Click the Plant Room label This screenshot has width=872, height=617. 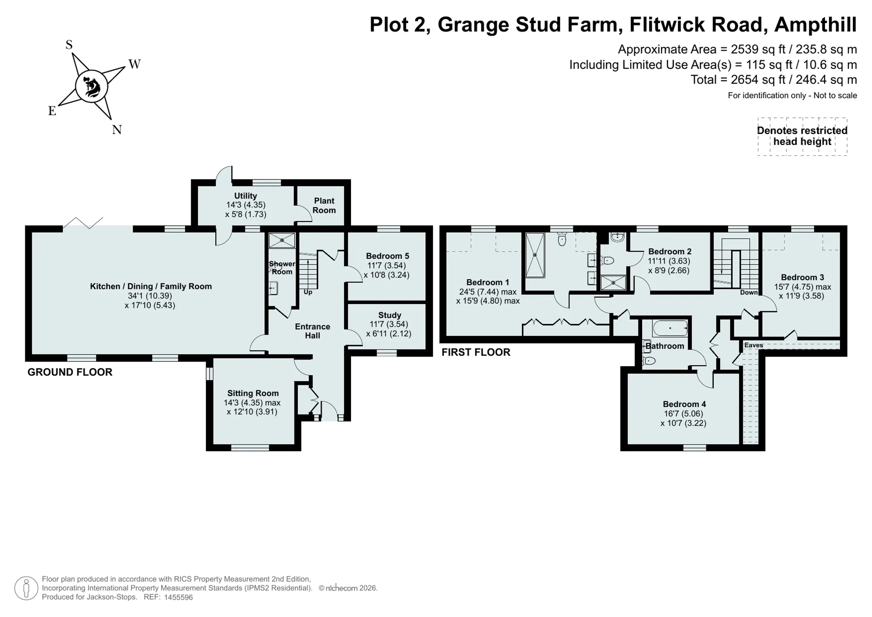click(324, 206)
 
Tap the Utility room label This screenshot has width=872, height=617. click(245, 196)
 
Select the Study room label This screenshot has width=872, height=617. click(390, 315)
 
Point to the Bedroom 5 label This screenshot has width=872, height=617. click(388, 256)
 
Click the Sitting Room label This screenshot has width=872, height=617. click(253, 393)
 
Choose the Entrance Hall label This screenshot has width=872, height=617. click(313, 331)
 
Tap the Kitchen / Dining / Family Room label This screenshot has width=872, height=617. click(151, 286)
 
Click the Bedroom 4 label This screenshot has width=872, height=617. click(684, 404)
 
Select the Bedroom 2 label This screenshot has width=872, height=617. click(670, 251)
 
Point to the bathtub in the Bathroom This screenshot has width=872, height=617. click(670, 328)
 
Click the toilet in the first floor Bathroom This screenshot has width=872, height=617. click(649, 360)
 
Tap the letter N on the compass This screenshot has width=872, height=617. click(116, 130)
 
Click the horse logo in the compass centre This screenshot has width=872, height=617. click(92, 86)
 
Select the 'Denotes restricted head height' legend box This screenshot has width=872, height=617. click(802, 137)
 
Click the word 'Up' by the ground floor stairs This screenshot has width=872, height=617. click(308, 292)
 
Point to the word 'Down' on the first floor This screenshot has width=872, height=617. click(749, 292)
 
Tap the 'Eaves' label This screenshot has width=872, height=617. click(753, 345)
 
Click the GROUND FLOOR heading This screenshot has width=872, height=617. click(70, 372)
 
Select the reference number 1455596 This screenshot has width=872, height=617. click(178, 597)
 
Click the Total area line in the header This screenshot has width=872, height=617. click(774, 80)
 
